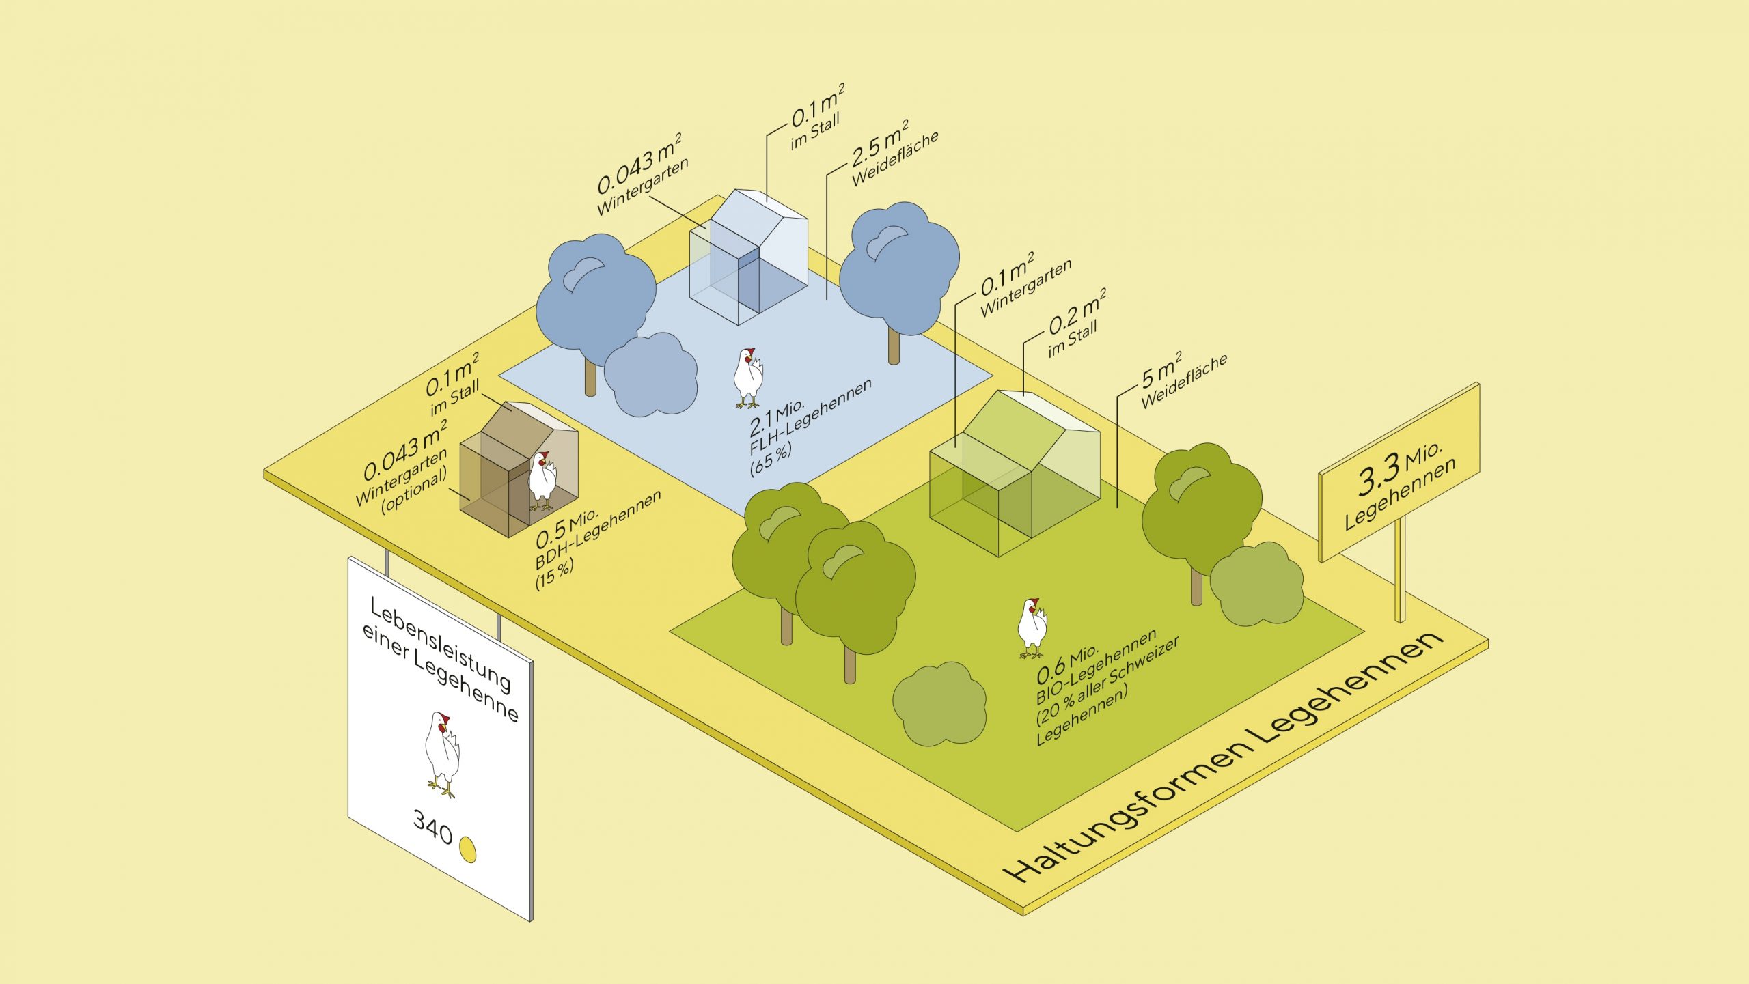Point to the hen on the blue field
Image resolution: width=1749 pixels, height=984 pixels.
(x=748, y=378)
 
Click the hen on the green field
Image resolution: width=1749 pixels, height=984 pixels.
(x=1032, y=628)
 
